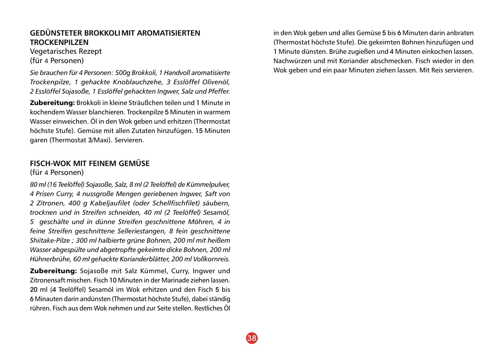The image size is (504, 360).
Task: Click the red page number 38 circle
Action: click(252, 338)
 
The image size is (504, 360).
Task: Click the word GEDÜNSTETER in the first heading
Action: click(56, 33)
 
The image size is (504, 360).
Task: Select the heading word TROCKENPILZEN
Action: click(59, 42)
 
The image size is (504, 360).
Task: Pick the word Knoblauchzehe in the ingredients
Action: click(133, 82)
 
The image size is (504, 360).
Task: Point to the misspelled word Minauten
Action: click(48, 299)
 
